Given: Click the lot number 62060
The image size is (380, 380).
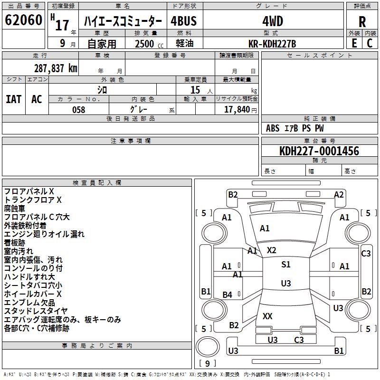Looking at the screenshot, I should [x=23, y=20].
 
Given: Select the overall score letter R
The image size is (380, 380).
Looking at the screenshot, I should [x=362, y=22].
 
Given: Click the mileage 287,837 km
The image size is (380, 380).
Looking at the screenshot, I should [x=56, y=68].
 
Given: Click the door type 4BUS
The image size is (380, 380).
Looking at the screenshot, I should [x=184, y=21].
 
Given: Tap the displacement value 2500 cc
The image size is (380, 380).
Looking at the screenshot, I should [x=144, y=44].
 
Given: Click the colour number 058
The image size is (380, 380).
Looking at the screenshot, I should [x=79, y=110].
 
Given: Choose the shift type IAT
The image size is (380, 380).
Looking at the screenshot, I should [x=13, y=99].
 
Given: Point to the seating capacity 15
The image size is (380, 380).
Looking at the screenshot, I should [x=195, y=89].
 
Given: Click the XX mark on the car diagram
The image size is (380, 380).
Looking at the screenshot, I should [x=267, y=316].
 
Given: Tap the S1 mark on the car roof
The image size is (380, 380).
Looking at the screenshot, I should [x=286, y=265].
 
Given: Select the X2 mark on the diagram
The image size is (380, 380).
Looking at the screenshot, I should [x=271, y=250].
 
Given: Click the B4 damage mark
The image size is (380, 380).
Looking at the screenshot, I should [x=228, y=295].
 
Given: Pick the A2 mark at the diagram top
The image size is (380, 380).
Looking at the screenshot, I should [x=339, y=194].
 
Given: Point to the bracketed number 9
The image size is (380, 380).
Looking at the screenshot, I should [x=207, y=363].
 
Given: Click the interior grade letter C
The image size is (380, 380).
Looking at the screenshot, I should [x=370, y=43].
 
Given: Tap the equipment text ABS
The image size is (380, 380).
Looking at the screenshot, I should [x=273, y=128].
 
